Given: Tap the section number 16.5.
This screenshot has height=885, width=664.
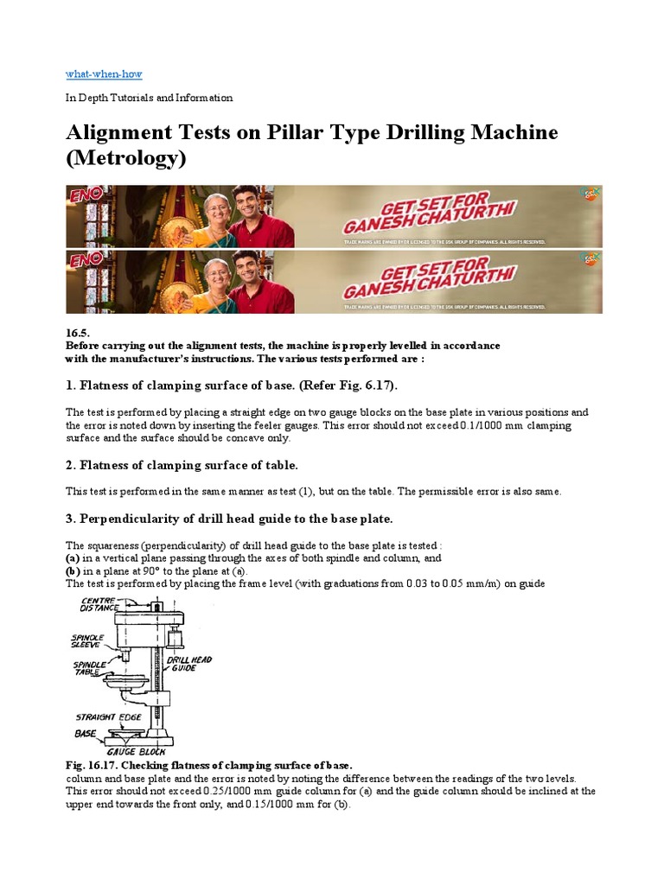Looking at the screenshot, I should [78, 333].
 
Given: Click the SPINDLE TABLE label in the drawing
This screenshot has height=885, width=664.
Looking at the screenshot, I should [88, 667].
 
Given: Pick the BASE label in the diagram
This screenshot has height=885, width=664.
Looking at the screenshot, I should [84, 733].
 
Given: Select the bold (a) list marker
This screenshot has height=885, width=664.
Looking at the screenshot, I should [73, 558].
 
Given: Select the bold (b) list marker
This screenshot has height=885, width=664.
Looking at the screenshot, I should [73, 571].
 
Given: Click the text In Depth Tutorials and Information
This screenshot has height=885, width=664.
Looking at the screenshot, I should [150, 98].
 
